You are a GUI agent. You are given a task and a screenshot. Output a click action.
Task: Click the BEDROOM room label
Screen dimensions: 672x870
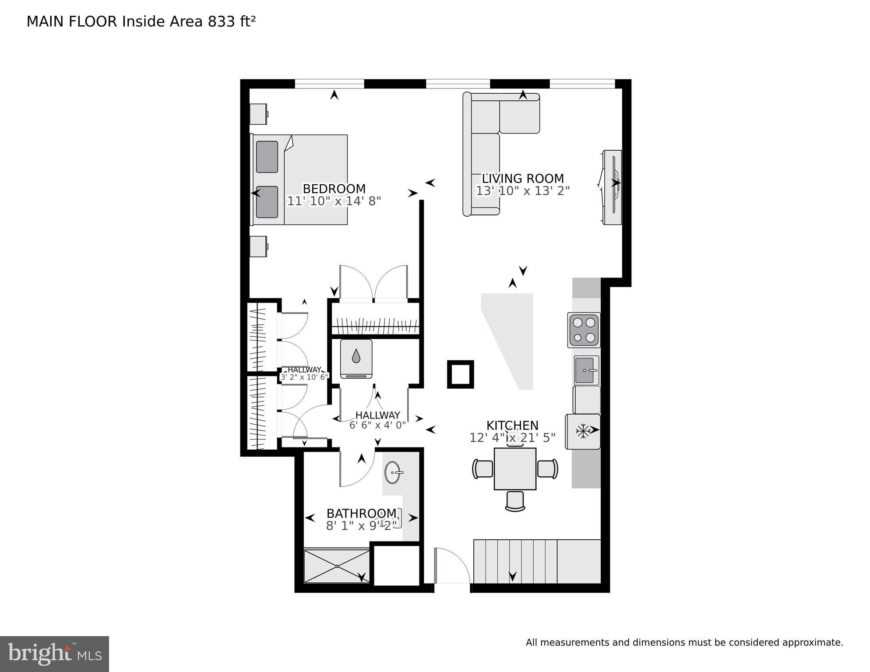[334, 189]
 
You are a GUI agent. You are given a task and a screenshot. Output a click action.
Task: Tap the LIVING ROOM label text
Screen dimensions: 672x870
[523, 179]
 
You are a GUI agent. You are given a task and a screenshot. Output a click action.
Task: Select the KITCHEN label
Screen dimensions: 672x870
[512, 426]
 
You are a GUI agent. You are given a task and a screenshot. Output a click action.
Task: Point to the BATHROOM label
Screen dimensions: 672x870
[361, 513]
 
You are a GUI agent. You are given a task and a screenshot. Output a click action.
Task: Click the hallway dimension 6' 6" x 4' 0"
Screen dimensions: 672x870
[377, 425]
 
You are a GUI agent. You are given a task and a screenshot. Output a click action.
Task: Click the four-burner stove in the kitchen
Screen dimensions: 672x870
[584, 330]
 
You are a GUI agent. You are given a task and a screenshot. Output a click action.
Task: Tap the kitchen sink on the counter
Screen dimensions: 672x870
[586, 370]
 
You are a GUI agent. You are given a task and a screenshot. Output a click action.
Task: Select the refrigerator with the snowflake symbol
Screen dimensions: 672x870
[583, 431]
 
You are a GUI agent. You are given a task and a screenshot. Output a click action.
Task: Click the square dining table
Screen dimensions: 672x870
[515, 469]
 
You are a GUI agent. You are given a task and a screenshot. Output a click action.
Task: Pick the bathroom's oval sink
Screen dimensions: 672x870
[392, 473]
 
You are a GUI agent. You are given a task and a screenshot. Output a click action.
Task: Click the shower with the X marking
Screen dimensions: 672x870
[337, 566]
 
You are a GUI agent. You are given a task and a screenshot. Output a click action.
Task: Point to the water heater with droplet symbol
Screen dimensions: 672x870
[356, 359]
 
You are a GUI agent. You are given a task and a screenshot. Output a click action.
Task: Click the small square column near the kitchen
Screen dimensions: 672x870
[460, 374]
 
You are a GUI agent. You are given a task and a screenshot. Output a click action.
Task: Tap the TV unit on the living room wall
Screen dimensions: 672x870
[612, 187]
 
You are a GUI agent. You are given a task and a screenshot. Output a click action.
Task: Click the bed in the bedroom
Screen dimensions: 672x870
[299, 180]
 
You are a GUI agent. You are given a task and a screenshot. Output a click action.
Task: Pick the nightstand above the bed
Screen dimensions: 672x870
[258, 114]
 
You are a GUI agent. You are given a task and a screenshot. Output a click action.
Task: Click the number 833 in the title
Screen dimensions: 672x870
[222, 21]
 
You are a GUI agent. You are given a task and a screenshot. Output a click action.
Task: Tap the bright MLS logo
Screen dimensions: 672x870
[54, 654]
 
